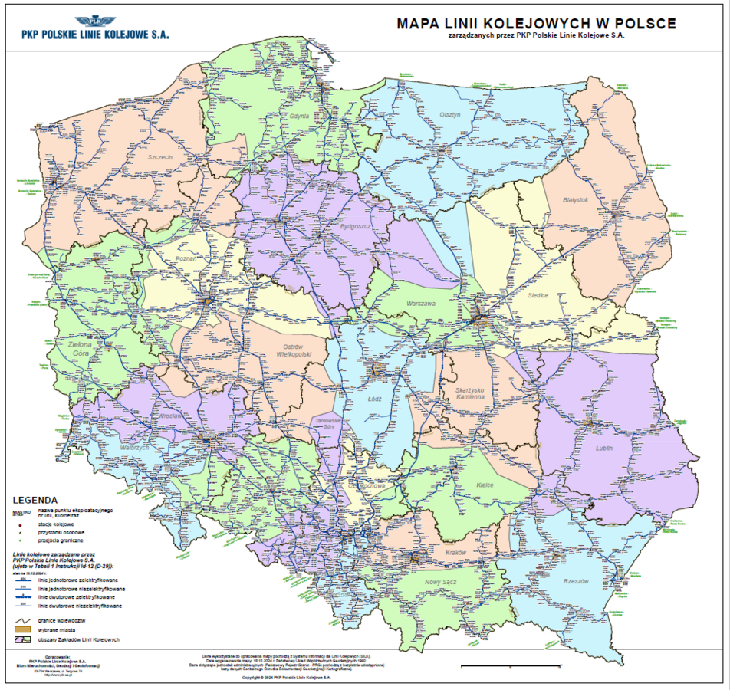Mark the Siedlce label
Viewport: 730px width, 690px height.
pos(538,295)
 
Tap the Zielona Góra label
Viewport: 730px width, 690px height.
pos(80,350)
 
